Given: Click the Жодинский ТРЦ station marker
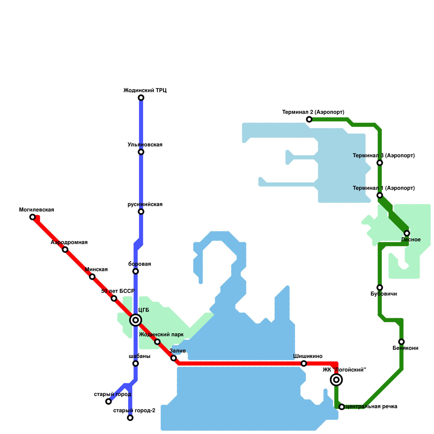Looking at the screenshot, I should [x=141, y=98].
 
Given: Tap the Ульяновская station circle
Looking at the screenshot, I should [x=141, y=152].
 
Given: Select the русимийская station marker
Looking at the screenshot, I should [x=141, y=212].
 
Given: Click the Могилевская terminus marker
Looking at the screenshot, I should [x=33, y=217].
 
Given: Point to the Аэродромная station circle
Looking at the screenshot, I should [x=65, y=250].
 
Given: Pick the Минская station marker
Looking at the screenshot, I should [x=92, y=277].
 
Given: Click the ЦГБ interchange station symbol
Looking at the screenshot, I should [x=136, y=320].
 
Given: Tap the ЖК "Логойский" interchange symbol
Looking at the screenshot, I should [x=336, y=380].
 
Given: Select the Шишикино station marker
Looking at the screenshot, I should [x=304, y=363].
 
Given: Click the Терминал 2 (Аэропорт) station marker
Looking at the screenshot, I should [x=309, y=119].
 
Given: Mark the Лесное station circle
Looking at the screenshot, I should [x=407, y=233].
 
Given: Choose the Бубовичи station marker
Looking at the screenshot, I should [x=380, y=288].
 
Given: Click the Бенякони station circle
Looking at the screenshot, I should [x=401, y=342].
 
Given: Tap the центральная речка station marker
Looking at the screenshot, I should [x=342, y=407].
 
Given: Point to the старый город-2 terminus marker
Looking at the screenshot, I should [x=130, y=418].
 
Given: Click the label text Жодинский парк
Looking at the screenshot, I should [x=161, y=335].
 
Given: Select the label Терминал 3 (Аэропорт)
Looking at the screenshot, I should [x=384, y=156].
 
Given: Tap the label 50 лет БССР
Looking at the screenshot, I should [x=118, y=291].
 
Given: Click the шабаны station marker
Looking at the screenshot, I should [x=136, y=363].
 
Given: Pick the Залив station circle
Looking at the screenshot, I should [x=174, y=358].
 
